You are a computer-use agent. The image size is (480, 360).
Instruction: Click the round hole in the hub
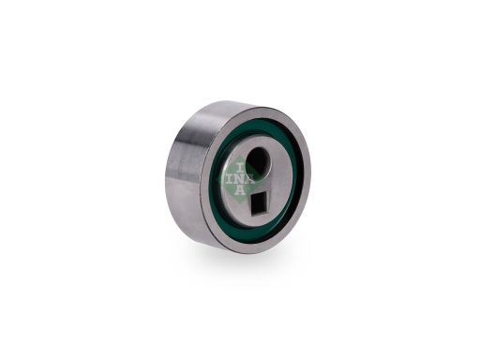[259, 161]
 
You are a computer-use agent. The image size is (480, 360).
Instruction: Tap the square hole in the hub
[260, 203]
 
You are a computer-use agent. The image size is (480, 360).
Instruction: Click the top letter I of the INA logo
[240, 169]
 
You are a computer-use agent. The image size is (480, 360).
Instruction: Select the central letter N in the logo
[240, 179]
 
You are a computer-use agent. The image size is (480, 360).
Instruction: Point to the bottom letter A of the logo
[239, 189]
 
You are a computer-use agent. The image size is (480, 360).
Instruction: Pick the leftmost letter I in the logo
[230, 179]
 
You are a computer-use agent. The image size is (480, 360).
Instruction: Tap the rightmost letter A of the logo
[250, 180]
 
